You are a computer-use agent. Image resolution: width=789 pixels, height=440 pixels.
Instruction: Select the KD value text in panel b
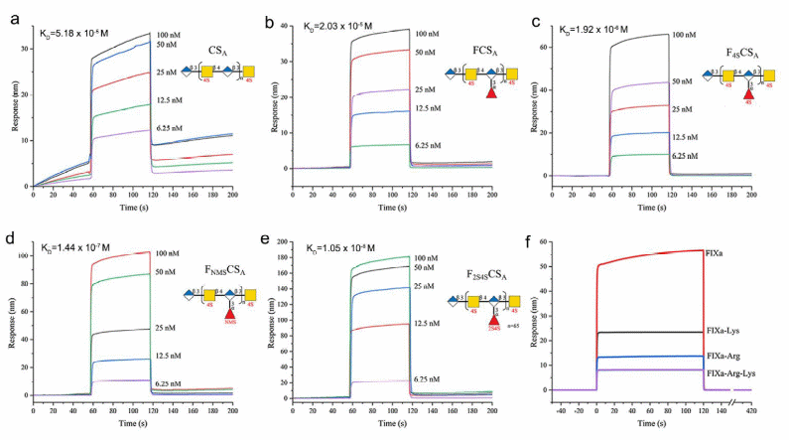point(344,26)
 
